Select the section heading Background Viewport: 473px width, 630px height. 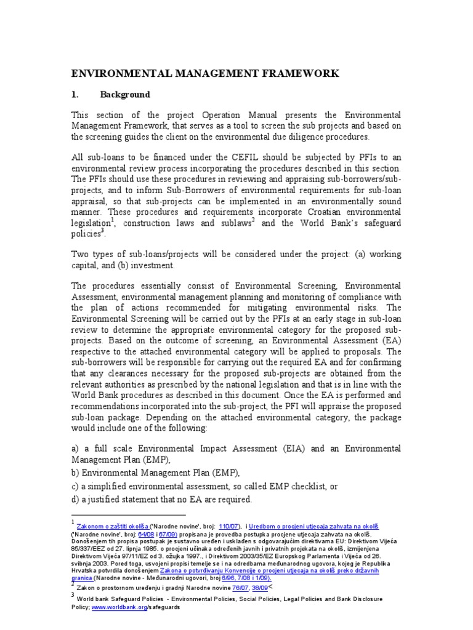[x=126, y=95]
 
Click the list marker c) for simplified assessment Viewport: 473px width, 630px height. [x=76, y=487]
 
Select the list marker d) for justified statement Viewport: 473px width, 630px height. [x=76, y=500]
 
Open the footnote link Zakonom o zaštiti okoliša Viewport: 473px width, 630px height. [x=112, y=527]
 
